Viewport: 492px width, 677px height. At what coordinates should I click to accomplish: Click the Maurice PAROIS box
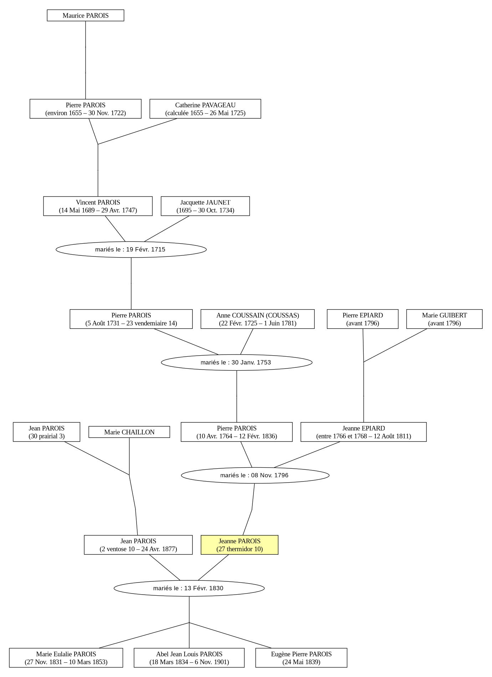click(86, 15)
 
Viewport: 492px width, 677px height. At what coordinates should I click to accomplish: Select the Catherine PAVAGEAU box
click(205, 109)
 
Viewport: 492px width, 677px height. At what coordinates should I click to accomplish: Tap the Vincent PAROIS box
click(98, 206)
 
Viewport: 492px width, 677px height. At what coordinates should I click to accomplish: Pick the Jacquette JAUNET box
click(205, 206)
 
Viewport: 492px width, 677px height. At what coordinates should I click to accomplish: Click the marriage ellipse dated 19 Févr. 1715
click(131, 249)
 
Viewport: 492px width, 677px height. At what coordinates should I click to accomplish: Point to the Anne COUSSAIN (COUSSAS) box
click(258, 319)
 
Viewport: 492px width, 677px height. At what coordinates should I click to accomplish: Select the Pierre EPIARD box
click(363, 319)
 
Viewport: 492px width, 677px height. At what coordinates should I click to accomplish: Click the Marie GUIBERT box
click(445, 319)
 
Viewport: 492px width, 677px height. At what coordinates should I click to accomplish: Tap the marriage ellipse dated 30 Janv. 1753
click(237, 362)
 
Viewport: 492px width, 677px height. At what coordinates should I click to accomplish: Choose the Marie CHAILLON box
click(129, 432)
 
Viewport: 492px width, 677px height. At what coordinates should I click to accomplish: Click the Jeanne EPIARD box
click(364, 432)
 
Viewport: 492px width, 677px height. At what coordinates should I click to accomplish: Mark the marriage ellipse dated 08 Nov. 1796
click(255, 475)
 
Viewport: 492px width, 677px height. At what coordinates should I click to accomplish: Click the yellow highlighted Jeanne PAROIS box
click(240, 545)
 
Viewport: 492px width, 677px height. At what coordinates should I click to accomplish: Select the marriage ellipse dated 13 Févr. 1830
click(189, 588)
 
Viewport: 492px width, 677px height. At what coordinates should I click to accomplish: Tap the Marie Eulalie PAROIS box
click(66, 658)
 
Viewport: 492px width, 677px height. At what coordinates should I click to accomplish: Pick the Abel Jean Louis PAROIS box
click(189, 658)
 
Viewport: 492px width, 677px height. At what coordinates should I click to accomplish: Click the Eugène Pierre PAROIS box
click(301, 658)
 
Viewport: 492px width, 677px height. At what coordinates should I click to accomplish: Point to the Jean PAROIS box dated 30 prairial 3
click(47, 432)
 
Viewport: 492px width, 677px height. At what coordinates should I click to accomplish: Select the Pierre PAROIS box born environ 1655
click(86, 109)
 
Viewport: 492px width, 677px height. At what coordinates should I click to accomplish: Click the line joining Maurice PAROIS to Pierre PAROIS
click(86, 60)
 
